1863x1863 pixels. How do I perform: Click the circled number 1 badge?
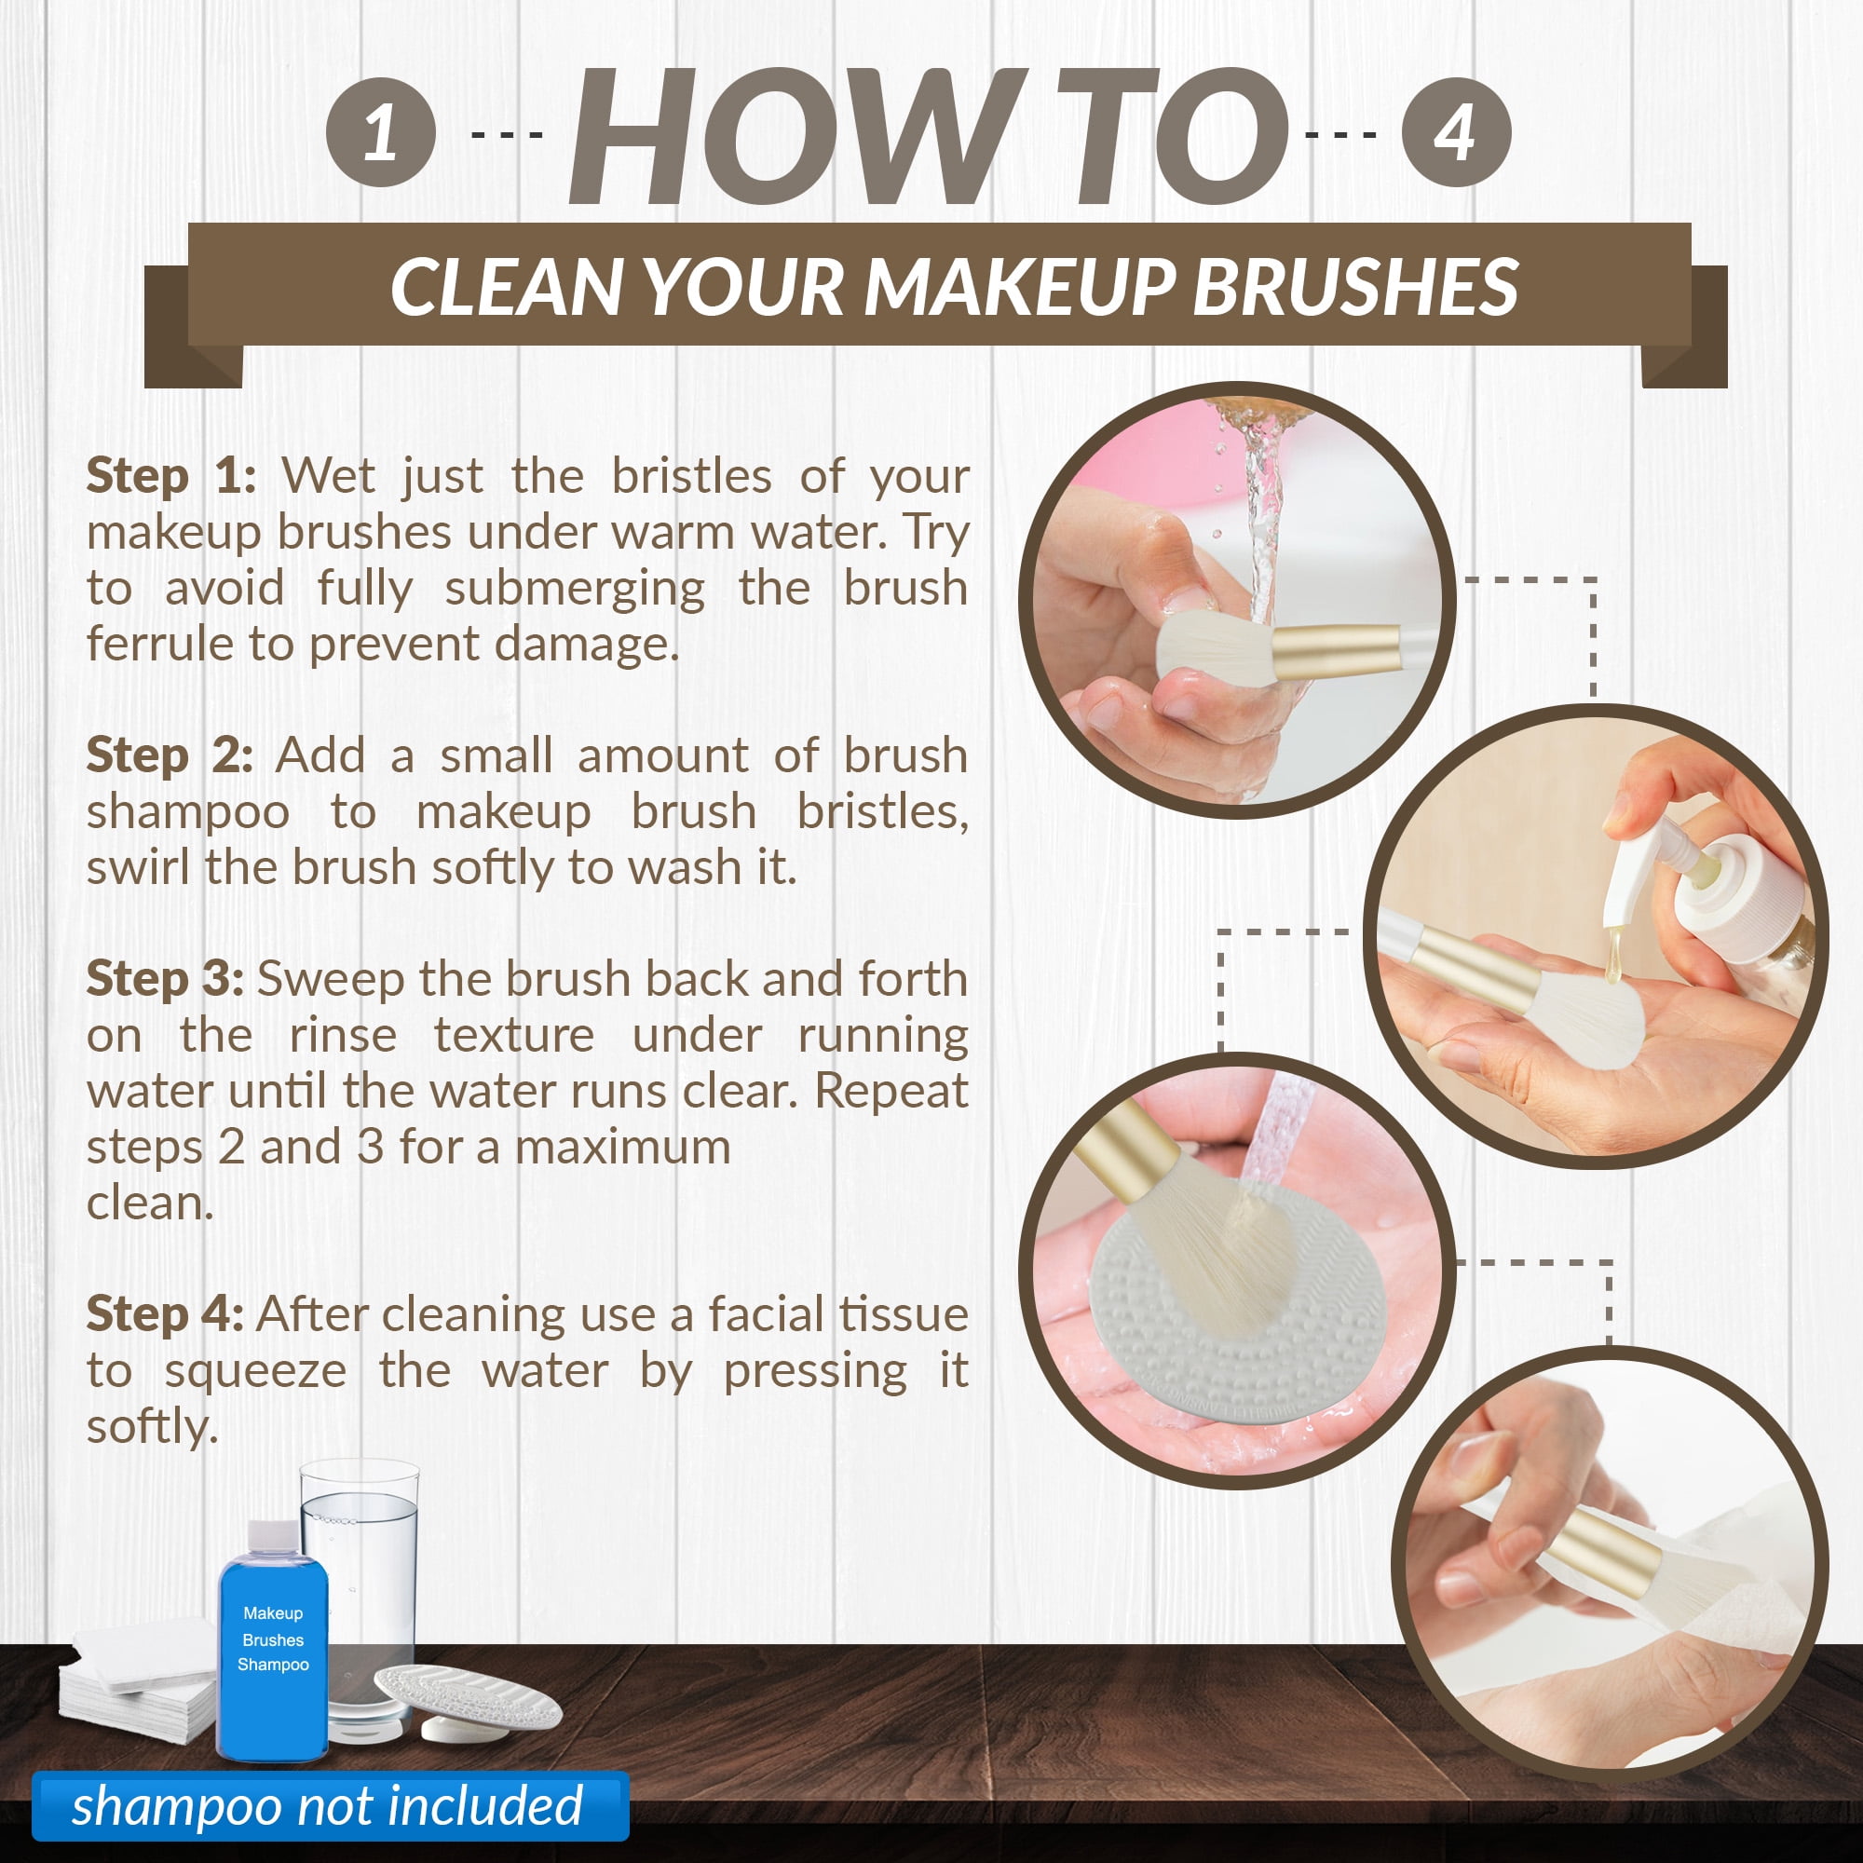coord(380,132)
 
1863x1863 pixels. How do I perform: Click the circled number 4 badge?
coord(1455,132)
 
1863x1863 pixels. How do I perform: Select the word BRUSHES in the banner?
coord(1355,287)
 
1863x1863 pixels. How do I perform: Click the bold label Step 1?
coord(171,476)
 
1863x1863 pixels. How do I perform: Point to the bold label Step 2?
coord(170,756)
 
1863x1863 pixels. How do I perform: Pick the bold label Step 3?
coord(165,980)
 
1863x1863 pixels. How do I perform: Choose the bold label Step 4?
coord(165,1315)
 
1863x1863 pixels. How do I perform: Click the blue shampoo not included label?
coord(330,1805)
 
